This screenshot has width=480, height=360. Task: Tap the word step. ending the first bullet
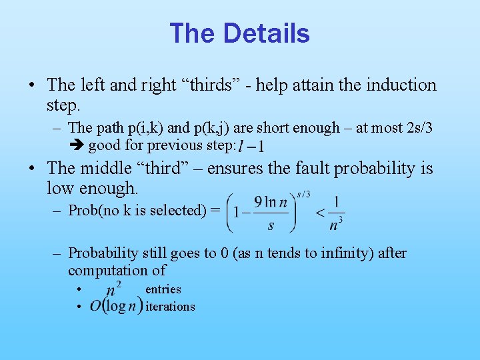tap(63, 105)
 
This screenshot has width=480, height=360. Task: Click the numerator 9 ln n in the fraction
tap(271, 202)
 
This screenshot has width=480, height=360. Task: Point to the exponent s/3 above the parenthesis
tap(303, 193)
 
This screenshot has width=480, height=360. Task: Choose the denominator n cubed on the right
tap(336, 223)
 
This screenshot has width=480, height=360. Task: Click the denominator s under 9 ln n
tap(271, 225)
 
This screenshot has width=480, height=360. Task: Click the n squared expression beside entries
tap(114, 290)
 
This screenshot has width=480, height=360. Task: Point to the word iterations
tap(170, 307)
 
